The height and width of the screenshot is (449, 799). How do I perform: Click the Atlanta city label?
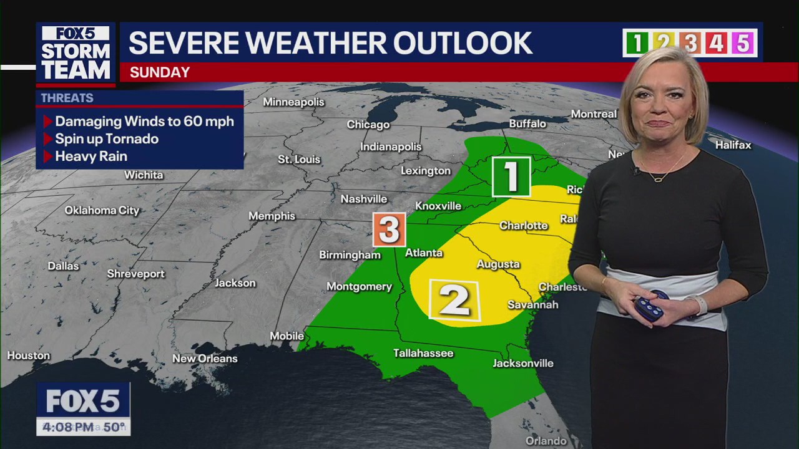coord(424,253)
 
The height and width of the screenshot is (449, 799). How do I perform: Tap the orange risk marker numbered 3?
coord(389,229)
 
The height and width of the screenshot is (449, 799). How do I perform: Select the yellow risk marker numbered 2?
coord(454,301)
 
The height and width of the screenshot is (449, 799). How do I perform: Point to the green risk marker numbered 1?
coord(511,176)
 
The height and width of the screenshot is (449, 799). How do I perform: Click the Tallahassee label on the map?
coord(423,354)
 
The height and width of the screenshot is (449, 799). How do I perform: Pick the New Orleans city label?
coord(205,359)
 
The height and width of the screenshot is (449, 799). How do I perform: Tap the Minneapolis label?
coord(293,102)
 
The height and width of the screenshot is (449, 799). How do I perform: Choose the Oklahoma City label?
coord(102,211)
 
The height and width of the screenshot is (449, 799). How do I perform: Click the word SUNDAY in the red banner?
coord(160,72)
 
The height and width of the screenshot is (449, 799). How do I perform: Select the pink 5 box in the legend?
coord(743,43)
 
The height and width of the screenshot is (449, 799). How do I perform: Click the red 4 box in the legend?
coord(717,43)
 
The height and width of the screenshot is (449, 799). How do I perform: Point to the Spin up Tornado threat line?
coord(106,139)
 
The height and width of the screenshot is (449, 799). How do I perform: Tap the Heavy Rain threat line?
coord(91,157)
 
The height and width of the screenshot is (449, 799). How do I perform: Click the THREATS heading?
coord(67,99)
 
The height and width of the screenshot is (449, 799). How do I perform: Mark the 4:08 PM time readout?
coord(69,427)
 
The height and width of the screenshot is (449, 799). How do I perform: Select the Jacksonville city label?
coord(523,364)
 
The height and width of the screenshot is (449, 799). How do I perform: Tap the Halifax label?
coord(733,145)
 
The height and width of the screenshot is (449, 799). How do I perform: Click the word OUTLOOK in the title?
coord(462,43)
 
